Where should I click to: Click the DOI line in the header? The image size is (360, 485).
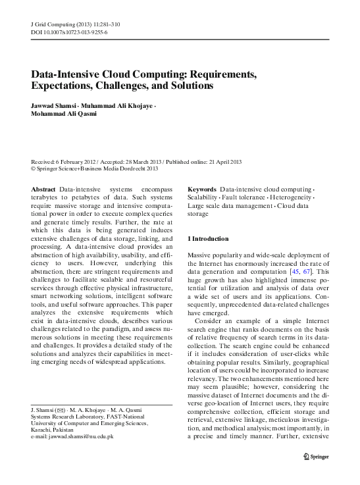click(69, 32)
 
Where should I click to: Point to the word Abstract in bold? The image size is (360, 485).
click(43, 190)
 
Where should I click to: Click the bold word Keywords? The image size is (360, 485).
click(202, 190)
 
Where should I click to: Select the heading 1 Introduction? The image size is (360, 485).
click(208, 238)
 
